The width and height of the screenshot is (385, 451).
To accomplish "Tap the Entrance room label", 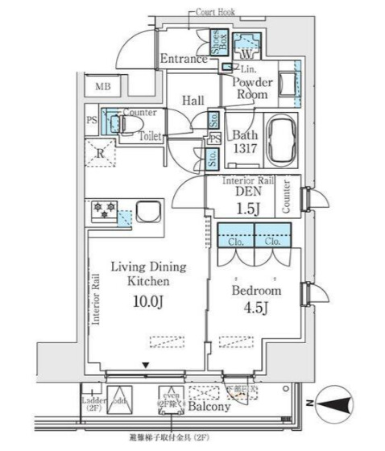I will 184,59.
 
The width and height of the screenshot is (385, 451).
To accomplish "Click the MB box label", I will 104,87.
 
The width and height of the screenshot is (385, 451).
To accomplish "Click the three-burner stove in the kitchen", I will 104,211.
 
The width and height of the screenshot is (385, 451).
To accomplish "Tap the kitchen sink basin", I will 150,213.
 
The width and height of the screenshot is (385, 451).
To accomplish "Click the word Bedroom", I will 255,290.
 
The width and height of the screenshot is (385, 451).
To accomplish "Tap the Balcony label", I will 209,407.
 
